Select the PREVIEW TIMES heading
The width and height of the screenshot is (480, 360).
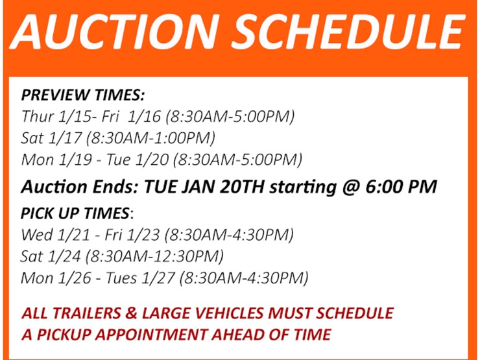83,95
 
